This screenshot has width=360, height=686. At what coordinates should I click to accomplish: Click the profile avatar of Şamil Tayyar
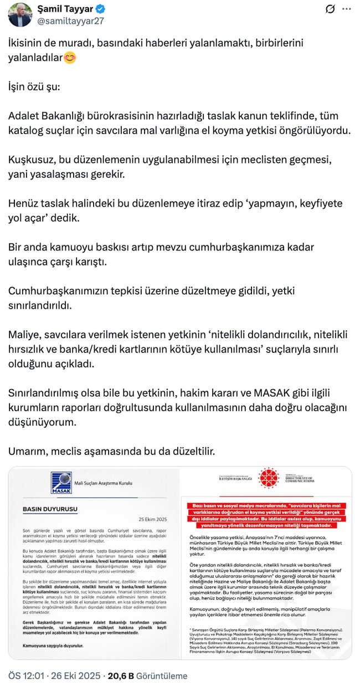pyautogui.click(x=20, y=14)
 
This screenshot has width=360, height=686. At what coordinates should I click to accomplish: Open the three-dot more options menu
pyautogui.click(x=347, y=9)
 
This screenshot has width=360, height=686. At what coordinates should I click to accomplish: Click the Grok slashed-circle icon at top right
pyautogui.click(x=330, y=9)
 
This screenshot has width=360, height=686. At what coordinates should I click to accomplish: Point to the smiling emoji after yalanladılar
pyautogui.click(x=70, y=57)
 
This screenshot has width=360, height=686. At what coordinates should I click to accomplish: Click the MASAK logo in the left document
pyautogui.click(x=61, y=482)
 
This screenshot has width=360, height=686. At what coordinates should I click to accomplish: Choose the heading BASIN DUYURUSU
pyautogui.click(x=49, y=509)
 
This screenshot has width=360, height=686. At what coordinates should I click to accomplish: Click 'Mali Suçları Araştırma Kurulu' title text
pyautogui.click(x=105, y=483)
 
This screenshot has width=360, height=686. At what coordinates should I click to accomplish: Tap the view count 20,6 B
pyautogui.click(x=121, y=675)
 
